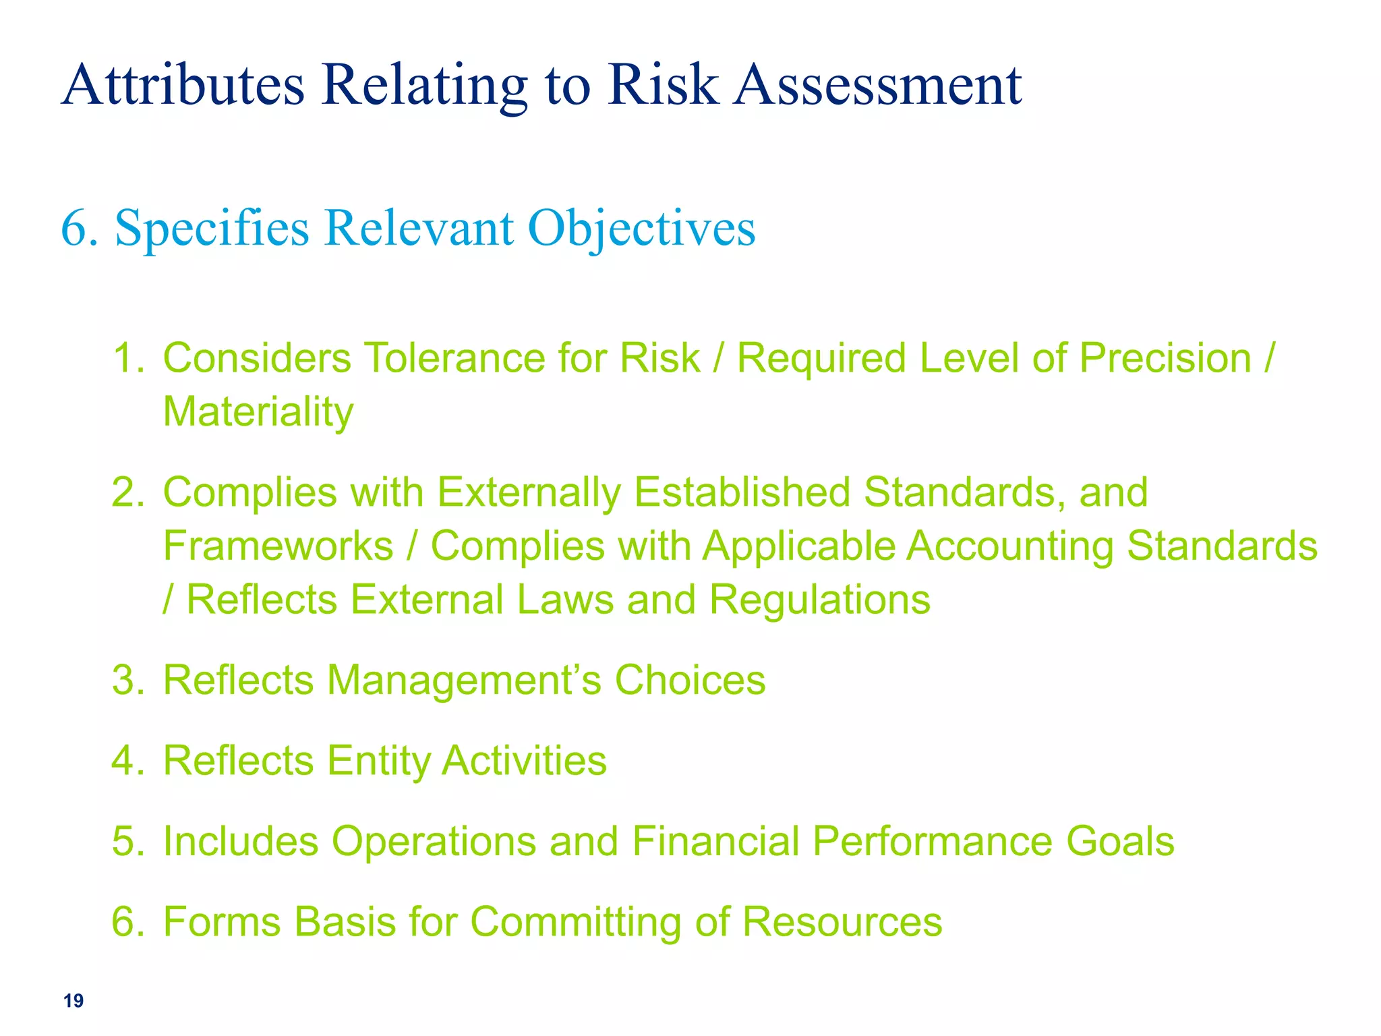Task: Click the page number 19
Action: (74, 1001)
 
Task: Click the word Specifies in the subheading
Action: (212, 229)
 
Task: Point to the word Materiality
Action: (258, 411)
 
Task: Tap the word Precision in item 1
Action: (1165, 357)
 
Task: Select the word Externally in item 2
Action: (528, 492)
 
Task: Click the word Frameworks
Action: (278, 546)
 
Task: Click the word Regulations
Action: (819, 599)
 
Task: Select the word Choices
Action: (690, 680)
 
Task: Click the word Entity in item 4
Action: (378, 761)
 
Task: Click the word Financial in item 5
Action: (715, 841)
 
